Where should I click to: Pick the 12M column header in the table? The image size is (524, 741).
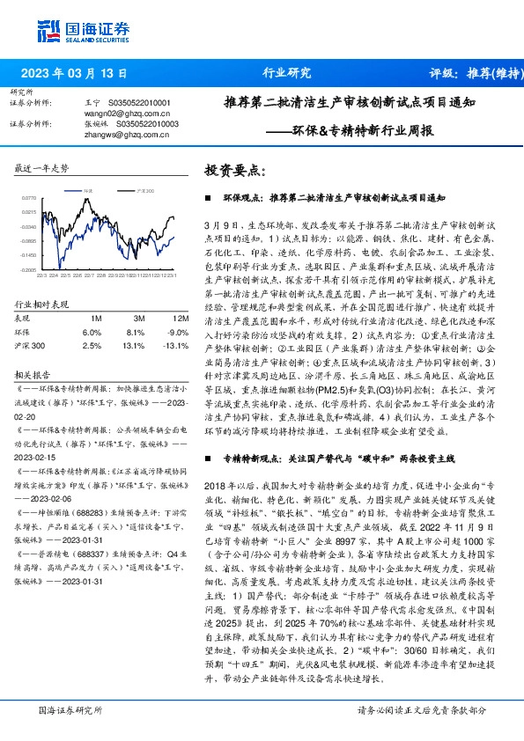tap(181, 318)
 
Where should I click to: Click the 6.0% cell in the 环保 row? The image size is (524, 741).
tap(92, 333)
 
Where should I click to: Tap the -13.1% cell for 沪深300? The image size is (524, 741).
tap(177, 347)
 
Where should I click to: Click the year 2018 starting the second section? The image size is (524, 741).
tap(215, 487)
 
